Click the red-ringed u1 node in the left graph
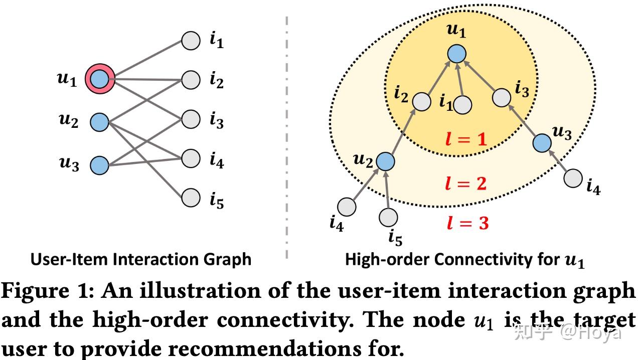click(x=99, y=79)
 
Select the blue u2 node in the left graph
click(x=99, y=122)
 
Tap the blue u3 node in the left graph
click(x=99, y=165)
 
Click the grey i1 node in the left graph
click(x=191, y=41)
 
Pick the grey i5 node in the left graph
click(x=191, y=197)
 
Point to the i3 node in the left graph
click(x=191, y=119)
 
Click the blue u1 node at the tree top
click(x=456, y=54)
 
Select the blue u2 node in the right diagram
click(x=385, y=161)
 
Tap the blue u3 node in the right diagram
click(x=542, y=143)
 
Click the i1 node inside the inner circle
click(x=462, y=105)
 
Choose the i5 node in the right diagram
click(x=388, y=217)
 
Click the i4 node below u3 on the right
click(x=573, y=178)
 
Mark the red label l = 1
click(x=466, y=139)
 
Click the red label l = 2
click(x=466, y=184)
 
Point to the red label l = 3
click(x=467, y=223)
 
